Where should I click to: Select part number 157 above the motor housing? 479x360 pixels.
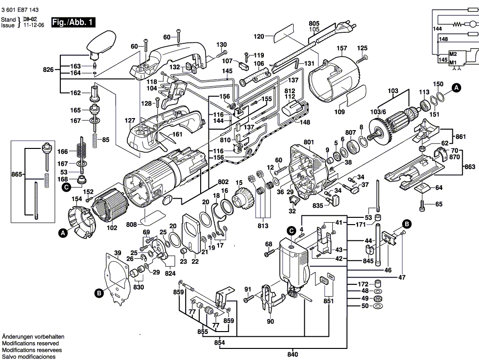pyautogui.click(x=342, y=49)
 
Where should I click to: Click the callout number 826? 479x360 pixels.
pyautogui.click(x=48, y=70)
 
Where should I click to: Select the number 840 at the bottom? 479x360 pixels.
pyautogui.click(x=292, y=355)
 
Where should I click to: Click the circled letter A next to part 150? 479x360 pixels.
pyautogui.click(x=456, y=87)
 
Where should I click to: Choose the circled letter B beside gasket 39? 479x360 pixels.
pyautogui.click(x=99, y=292)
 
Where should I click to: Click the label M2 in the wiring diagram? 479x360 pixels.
pyautogui.click(x=453, y=53)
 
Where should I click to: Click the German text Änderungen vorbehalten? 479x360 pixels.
pyautogui.click(x=33, y=336)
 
